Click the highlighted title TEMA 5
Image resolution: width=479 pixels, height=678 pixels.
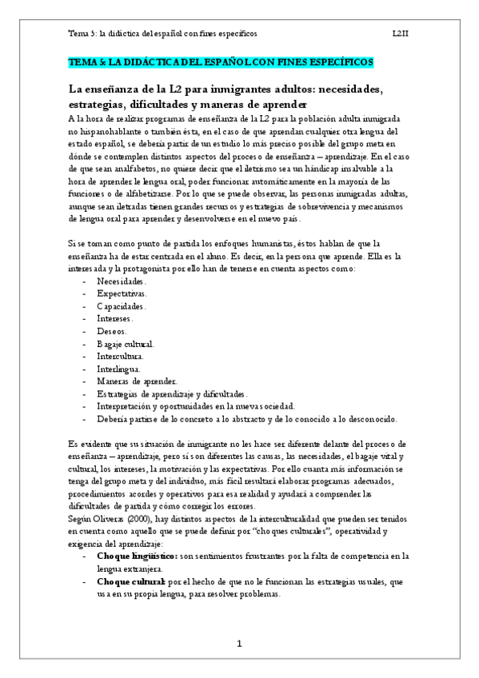click(221, 62)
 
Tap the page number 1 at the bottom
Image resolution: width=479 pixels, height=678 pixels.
click(239, 644)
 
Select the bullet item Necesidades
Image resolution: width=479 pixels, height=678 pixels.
click(121, 282)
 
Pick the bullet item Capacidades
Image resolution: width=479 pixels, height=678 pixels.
click(122, 306)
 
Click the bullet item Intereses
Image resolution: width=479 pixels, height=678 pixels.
click(115, 319)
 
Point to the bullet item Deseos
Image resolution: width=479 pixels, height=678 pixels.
click(111, 331)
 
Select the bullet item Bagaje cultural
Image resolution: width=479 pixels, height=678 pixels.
click(125, 344)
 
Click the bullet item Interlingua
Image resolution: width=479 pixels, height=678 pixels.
click(118, 369)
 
